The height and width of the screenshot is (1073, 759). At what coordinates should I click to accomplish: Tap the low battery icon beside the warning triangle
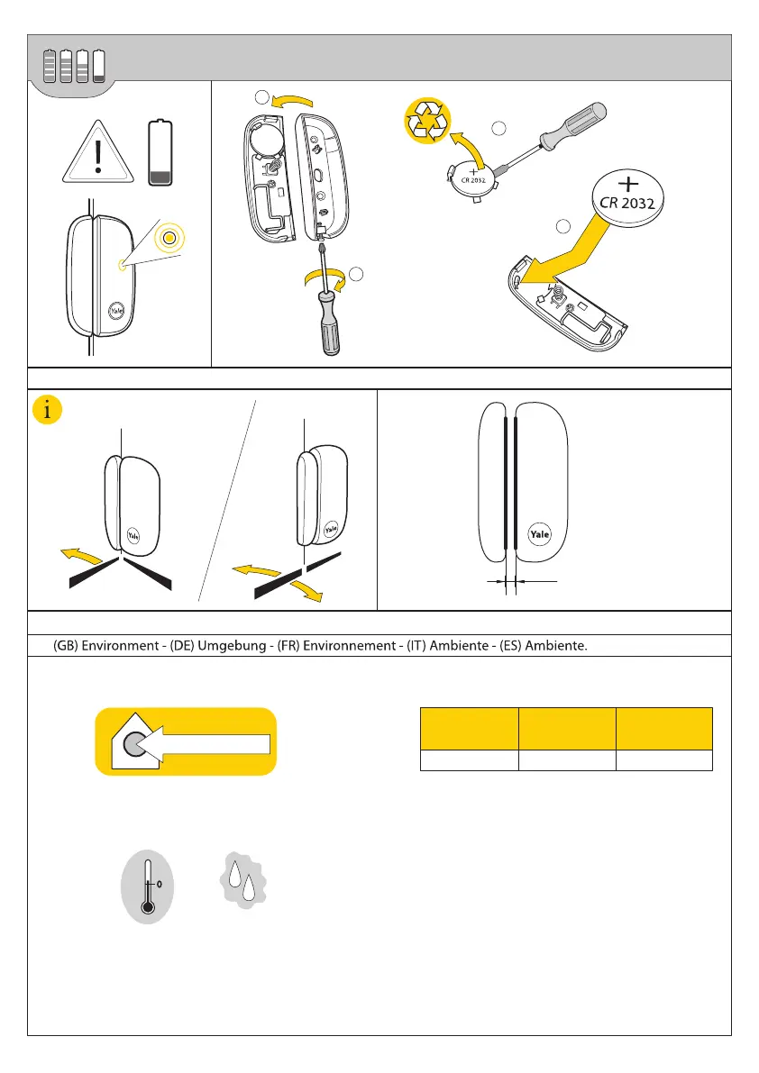click(x=162, y=153)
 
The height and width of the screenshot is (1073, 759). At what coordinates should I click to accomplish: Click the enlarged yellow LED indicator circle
click(x=169, y=239)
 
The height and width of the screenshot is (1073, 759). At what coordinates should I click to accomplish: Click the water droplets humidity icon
click(x=242, y=878)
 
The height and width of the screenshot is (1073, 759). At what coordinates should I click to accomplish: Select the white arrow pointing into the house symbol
click(x=213, y=742)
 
